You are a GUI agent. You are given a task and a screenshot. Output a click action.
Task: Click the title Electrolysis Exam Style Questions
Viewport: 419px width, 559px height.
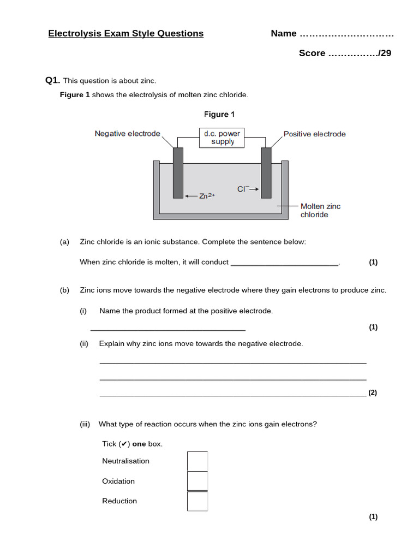point(125,33)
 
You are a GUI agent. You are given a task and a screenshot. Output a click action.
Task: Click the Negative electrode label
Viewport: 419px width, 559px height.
point(127,134)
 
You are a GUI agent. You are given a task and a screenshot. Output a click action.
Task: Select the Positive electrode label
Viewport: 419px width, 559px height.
point(314,134)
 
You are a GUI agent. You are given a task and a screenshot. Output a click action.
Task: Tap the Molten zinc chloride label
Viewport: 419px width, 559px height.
point(320,210)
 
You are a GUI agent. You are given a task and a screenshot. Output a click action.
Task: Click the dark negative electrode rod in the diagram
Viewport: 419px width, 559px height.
point(178,172)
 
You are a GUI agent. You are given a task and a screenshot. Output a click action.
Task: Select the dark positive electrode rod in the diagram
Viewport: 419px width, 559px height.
point(266,172)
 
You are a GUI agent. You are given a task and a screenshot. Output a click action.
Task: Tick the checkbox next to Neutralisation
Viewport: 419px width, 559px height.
point(197,461)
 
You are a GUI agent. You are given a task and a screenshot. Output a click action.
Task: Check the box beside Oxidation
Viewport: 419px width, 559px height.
point(197,481)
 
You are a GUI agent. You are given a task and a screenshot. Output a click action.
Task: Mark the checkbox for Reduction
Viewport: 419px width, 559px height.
point(197,501)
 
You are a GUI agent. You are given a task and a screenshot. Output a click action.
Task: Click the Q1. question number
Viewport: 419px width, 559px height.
point(52,80)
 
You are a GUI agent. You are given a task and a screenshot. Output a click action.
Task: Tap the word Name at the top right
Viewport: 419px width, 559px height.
point(284,33)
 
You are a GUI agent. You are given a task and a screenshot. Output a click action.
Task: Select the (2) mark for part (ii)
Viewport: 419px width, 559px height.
point(373,393)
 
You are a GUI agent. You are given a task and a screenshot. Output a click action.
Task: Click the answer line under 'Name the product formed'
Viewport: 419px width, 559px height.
point(167,328)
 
